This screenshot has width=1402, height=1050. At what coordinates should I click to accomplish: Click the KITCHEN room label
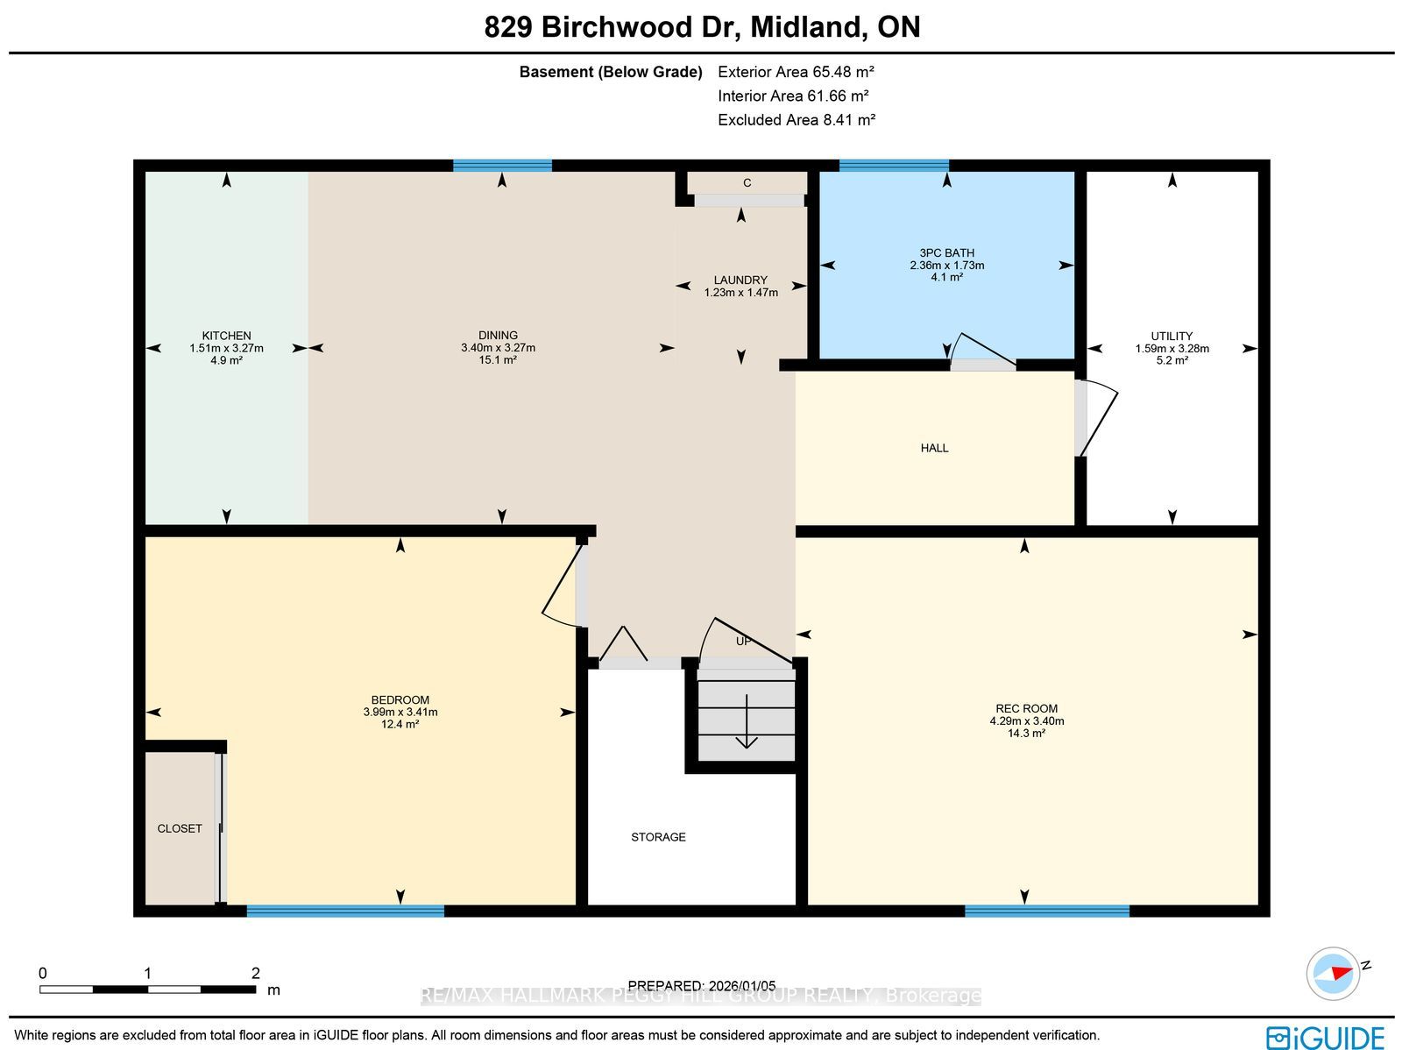(x=226, y=336)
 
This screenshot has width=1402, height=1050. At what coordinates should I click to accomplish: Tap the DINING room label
(x=498, y=335)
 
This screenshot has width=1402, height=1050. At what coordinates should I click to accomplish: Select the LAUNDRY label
(x=740, y=280)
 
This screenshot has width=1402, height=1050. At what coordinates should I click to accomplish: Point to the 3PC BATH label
(x=946, y=253)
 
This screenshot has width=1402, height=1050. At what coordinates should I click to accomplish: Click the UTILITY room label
(x=1172, y=336)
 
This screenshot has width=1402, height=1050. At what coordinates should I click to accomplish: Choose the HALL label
(x=934, y=449)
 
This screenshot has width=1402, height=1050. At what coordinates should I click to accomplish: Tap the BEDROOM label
(x=400, y=700)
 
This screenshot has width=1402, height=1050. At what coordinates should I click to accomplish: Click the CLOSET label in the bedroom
(x=180, y=828)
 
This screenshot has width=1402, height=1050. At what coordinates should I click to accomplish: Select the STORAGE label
(x=658, y=837)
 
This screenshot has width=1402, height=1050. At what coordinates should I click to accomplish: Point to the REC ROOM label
(x=1026, y=708)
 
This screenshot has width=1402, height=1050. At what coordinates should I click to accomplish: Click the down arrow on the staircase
(x=746, y=721)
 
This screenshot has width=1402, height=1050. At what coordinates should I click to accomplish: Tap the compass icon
(x=1334, y=974)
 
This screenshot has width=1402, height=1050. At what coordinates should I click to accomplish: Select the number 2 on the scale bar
(x=256, y=973)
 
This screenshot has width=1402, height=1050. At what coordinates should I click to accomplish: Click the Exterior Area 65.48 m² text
(x=796, y=72)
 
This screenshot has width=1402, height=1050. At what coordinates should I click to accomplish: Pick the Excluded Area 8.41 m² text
(x=797, y=119)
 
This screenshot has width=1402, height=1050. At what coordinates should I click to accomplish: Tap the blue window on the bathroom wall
(x=894, y=166)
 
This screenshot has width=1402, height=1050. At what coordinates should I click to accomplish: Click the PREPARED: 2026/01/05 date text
(x=701, y=985)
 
